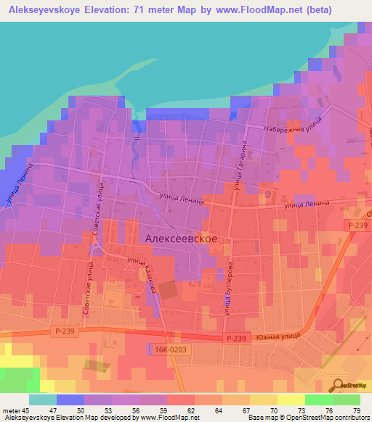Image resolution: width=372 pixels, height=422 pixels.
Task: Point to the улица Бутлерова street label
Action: [228, 290]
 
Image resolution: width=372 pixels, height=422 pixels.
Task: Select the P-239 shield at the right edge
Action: [357, 226]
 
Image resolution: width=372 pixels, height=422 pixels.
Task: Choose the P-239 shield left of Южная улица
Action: [237, 338]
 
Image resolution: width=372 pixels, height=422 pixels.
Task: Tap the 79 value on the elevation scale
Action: [357, 411]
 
